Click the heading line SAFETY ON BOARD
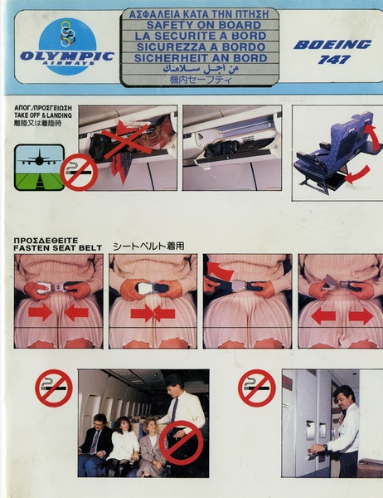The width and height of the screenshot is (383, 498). click(199, 25)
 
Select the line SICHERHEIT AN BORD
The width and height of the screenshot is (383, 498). click(199, 58)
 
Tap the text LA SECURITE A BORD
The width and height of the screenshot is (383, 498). click(199, 36)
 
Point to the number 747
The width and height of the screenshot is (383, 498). click(332, 60)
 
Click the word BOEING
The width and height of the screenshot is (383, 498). click(332, 44)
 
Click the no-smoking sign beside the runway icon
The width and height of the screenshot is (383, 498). click(80, 172)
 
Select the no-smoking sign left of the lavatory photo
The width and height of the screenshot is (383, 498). click(257, 388)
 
